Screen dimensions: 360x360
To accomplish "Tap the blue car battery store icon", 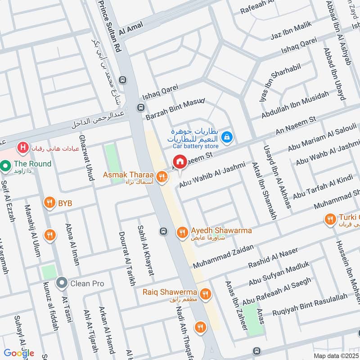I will point(228,135).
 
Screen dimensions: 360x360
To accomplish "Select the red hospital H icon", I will point(22,147).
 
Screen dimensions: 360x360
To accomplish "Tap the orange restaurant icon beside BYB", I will point(49,203).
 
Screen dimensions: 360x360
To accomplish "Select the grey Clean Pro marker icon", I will point(61,283).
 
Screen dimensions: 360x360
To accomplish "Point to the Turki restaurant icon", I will point(330,219).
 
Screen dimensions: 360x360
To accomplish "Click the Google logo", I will point(20,353).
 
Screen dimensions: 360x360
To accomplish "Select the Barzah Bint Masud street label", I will point(175,109).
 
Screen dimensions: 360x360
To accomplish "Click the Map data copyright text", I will point(336,355).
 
